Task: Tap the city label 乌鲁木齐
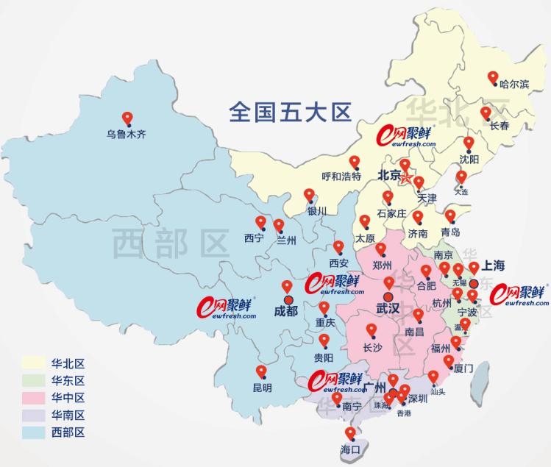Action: (127, 135)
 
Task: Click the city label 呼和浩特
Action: (341, 177)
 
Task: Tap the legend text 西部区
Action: (68, 432)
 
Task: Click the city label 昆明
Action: (262, 388)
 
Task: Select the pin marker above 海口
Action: (350, 432)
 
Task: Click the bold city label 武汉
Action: (388, 309)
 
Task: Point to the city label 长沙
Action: (373, 348)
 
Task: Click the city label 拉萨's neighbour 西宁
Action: (253, 238)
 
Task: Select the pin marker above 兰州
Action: (279, 225)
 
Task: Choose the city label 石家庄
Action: (391, 213)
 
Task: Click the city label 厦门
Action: (463, 367)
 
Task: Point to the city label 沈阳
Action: (469, 159)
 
